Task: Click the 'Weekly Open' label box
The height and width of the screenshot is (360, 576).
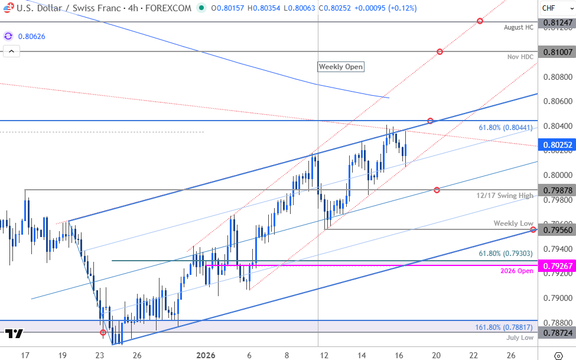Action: tap(341, 67)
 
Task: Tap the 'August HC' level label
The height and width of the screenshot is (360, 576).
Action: tap(519, 28)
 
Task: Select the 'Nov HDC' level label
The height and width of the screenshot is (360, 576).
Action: tap(520, 57)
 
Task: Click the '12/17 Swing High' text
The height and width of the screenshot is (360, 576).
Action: tap(505, 196)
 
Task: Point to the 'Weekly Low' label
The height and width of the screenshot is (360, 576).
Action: tap(514, 223)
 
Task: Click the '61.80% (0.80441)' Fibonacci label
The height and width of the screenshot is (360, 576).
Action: tap(506, 127)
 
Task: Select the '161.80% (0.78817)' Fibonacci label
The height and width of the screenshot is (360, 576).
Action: tap(504, 327)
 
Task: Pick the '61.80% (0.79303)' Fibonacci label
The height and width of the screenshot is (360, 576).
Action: tap(506, 254)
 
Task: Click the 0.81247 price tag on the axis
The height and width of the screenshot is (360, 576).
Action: tap(558, 22)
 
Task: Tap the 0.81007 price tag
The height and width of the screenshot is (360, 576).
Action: tap(558, 52)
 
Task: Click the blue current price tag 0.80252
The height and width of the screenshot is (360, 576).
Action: tap(558, 144)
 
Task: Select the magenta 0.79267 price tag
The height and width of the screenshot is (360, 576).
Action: tap(558, 266)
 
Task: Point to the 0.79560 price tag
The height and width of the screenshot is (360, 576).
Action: tap(558, 229)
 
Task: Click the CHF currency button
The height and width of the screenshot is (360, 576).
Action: tap(548, 8)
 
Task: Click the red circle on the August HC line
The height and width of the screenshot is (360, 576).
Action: tap(480, 21)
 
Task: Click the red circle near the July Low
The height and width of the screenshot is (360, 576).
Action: tap(103, 332)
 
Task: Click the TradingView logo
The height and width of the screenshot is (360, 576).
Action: tap(14, 333)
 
